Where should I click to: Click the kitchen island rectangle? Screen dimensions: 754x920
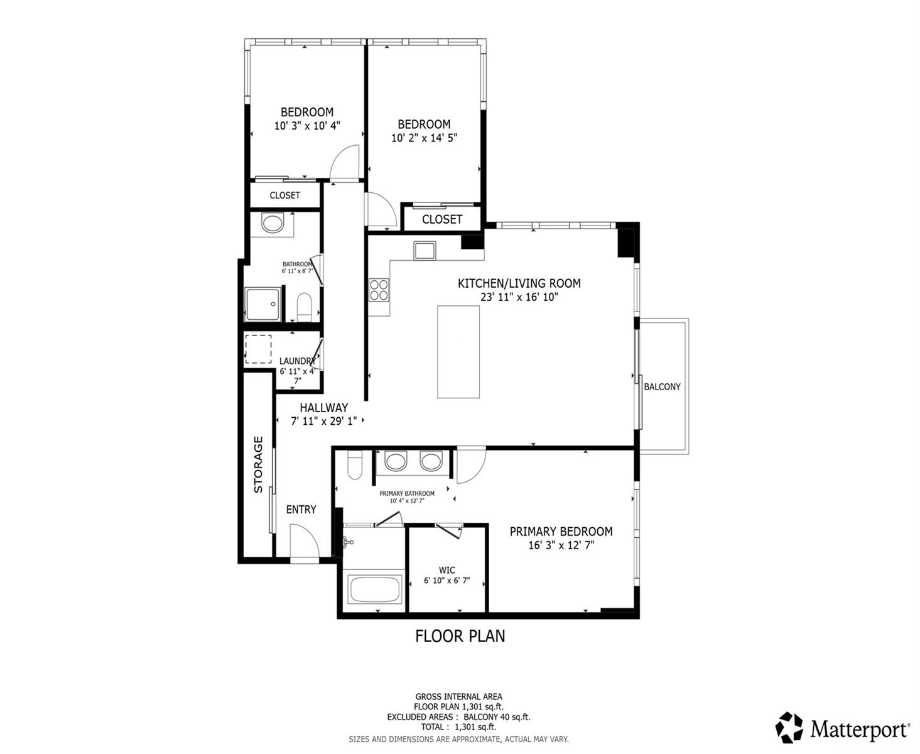tap(458, 351)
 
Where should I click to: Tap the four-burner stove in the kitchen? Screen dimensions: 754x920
tap(379, 290)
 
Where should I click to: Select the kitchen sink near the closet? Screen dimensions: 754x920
tap(424, 250)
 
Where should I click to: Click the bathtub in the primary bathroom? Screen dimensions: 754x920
tap(376, 591)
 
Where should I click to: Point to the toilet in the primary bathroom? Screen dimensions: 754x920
tap(355, 466)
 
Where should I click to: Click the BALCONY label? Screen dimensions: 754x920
tap(662, 387)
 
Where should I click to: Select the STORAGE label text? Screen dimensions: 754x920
tap(258, 464)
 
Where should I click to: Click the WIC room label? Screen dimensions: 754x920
tap(447, 571)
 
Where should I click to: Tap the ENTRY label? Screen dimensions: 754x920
tap(301, 510)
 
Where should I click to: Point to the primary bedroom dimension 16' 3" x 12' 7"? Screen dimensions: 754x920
tap(561, 545)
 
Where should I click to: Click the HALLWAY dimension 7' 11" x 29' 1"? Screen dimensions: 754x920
tap(323, 422)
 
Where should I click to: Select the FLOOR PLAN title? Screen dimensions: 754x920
tap(460, 636)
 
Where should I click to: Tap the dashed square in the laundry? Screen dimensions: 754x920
tap(257, 349)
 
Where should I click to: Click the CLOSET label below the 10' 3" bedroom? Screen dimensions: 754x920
tap(284, 195)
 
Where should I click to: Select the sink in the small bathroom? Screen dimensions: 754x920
tap(272, 224)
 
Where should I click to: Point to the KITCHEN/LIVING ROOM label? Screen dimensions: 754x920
tap(519, 283)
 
